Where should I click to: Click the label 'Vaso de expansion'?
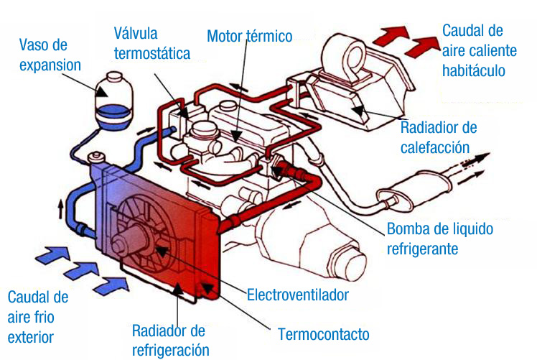coord(50,55)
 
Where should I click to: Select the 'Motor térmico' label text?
coord(249,36)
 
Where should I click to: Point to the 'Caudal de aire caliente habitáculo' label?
coord(473,50)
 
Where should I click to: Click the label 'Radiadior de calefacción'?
coord(439,137)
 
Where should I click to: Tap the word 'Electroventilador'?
coord(297,295)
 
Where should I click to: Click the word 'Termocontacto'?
coord(324,334)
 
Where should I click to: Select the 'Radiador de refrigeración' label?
coord(170,340)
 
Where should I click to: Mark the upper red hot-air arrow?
coord(389,33)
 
